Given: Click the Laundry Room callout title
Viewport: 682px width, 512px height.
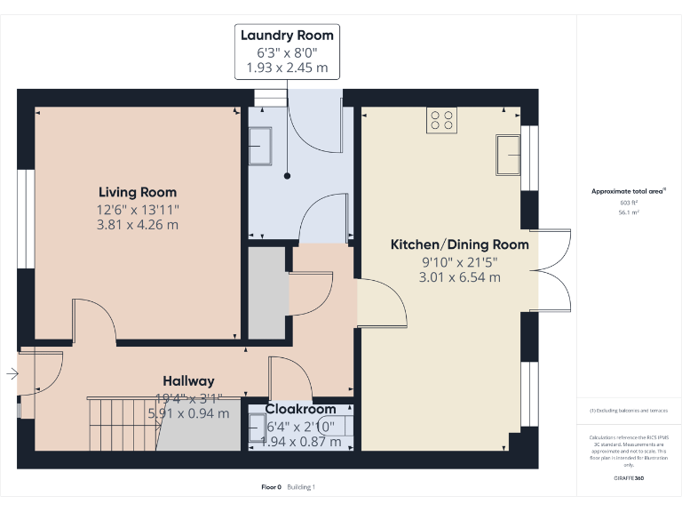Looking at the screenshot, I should click(x=287, y=36).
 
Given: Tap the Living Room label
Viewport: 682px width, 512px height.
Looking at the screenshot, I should click(x=138, y=192).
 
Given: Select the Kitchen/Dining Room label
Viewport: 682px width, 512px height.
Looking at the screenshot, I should click(x=460, y=244).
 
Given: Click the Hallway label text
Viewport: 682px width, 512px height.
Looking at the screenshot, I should click(x=188, y=381).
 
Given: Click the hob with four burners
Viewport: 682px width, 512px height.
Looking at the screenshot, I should click(x=441, y=119).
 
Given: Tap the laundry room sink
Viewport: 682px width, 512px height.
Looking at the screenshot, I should click(x=260, y=146).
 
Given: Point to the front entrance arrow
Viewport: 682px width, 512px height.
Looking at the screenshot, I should click(x=12, y=374).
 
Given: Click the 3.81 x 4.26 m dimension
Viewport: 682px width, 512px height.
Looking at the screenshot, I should click(x=138, y=225).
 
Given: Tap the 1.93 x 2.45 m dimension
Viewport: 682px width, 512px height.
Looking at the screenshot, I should click(x=287, y=68).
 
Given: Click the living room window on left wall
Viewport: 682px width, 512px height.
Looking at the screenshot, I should click(x=25, y=219).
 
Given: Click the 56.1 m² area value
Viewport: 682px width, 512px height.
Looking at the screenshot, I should click(x=629, y=212).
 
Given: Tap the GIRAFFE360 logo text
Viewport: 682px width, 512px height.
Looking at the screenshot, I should click(x=629, y=479).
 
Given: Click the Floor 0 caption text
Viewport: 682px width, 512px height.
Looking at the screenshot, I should click(x=271, y=487).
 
